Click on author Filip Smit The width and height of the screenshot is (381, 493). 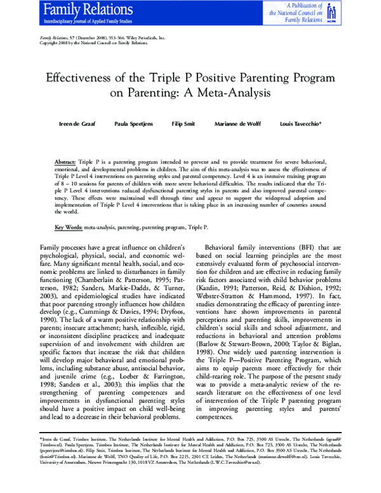pos(184,123)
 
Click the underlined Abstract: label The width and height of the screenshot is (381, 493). pos(65,163)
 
